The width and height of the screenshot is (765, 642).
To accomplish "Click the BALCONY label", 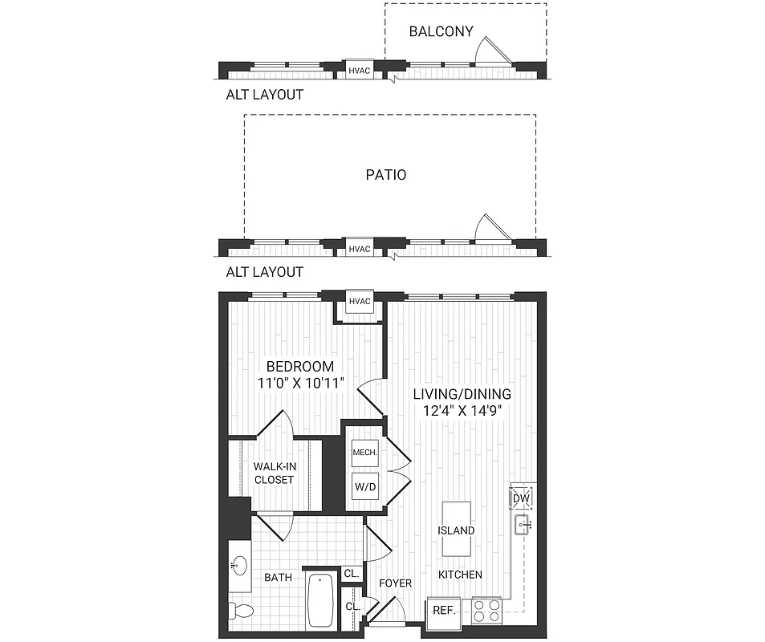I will pos(441,32).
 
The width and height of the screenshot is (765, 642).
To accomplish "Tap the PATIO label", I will pos(386,174).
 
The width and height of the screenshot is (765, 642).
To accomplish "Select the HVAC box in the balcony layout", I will pos(360,71).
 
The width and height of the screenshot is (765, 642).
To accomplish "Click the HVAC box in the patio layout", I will pos(360,248).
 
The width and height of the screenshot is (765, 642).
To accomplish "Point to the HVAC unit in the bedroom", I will pos(360,302).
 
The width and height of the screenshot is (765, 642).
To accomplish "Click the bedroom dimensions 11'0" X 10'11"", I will pos(301,383).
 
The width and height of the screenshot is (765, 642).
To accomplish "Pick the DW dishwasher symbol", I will pos(522,498).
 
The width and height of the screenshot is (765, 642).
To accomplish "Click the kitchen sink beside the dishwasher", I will pos(523,526).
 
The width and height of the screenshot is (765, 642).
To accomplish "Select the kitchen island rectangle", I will pos(456,529).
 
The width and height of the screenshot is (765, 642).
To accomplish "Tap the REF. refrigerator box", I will pos(444,611).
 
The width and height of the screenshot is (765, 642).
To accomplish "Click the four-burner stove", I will pos(486,611).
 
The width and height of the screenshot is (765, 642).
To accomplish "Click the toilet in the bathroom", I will pos(241,612).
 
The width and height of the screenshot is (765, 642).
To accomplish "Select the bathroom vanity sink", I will pos(238,567).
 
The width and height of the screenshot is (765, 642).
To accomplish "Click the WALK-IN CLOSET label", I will pos(274,473).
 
